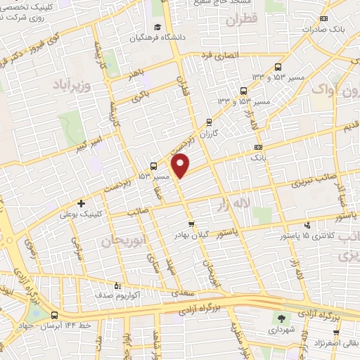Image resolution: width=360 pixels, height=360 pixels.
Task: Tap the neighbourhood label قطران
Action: tap(242, 20)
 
